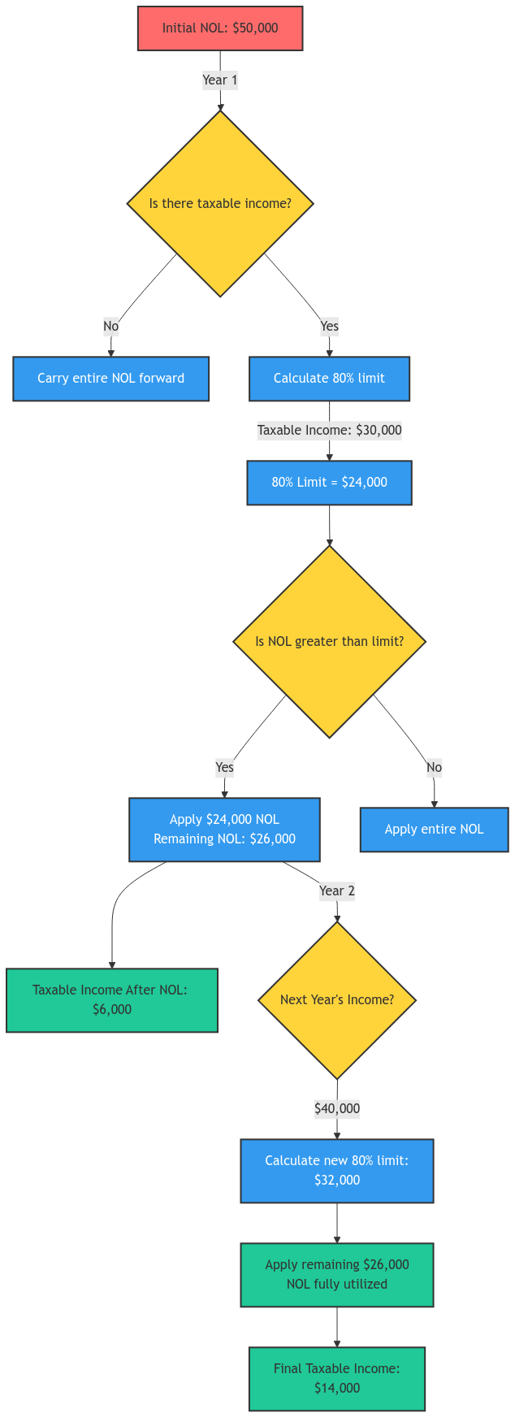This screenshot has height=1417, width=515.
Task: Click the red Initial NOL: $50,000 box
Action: click(220, 28)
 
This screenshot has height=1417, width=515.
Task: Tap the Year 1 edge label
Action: click(220, 80)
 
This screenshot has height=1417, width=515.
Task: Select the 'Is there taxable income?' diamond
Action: click(220, 203)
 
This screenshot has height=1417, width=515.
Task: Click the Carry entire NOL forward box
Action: click(111, 379)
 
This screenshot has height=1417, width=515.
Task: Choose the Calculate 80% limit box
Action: click(329, 379)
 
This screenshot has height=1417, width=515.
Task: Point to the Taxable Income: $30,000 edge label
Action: click(329, 431)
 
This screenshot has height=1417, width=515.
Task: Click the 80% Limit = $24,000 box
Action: click(329, 483)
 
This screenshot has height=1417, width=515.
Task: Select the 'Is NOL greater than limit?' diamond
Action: click(329, 641)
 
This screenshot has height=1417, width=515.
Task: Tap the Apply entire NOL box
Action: click(434, 830)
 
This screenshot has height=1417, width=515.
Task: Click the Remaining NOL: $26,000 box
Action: click(224, 830)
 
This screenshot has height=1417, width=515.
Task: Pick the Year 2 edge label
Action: click(337, 890)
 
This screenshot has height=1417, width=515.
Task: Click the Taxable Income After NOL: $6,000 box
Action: click(112, 1000)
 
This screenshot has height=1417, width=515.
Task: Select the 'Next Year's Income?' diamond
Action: click(337, 999)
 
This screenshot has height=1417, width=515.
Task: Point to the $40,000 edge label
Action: click(337, 1108)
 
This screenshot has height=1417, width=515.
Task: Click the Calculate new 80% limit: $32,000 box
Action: click(337, 1171)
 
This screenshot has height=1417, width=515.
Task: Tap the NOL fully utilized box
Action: click(337, 1275)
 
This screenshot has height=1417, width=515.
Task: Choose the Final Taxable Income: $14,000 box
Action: click(337, 1379)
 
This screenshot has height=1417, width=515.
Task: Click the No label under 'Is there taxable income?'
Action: click(111, 327)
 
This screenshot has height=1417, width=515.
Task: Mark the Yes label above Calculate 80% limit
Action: click(329, 327)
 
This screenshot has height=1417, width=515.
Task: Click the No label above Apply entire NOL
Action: click(434, 767)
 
